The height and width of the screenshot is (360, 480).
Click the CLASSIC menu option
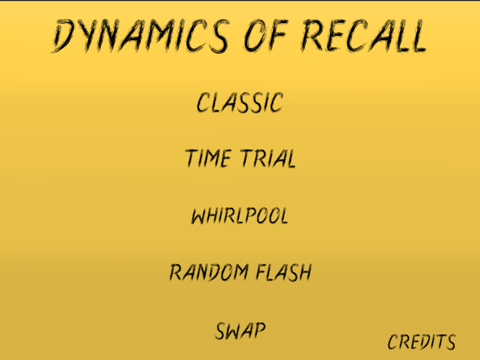[x=240, y=102]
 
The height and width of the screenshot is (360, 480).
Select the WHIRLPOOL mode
[x=240, y=216]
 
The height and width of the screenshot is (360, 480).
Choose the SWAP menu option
[x=240, y=331]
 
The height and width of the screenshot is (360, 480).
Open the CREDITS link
[x=421, y=342]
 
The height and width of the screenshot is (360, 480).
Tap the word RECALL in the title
[x=363, y=36]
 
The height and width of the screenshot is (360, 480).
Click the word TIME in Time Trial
[x=208, y=158]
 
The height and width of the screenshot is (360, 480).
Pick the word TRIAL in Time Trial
[x=268, y=158]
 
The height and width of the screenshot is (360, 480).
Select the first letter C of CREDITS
[x=393, y=342]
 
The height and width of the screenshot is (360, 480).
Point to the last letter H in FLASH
[x=304, y=273]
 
